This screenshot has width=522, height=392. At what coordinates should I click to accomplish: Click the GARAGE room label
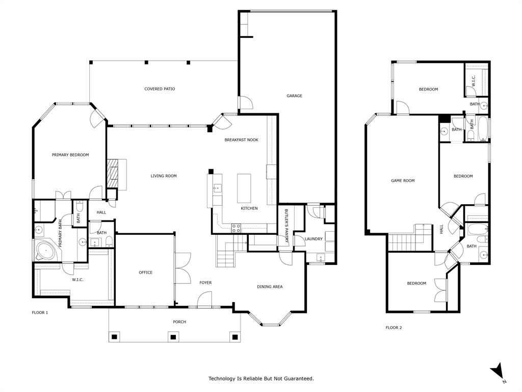(x=294, y=96)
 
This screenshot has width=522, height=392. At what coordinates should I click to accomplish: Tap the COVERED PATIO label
(x=160, y=89)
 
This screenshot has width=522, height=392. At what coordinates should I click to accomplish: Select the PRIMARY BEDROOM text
(x=70, y=155)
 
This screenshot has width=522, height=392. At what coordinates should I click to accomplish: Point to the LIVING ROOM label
(x=164, y=176)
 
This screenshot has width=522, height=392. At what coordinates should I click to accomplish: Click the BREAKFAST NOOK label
(x=241, y=140)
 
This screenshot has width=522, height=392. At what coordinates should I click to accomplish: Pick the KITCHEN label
(x=249, y=208)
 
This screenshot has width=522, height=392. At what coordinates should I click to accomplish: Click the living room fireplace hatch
(x=112, y=174)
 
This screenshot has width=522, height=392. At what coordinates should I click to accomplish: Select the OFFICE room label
(x=146, y=273)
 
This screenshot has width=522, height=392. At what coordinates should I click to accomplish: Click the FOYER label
(x=205, y=283)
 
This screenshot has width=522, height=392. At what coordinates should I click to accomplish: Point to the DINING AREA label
(x=270, y=287)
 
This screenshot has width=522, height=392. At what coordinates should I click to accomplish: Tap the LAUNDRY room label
(x=314, y=239)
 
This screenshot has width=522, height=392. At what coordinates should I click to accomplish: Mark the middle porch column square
(x=173, y=337)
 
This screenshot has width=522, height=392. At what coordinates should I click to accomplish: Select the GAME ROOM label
(x=403, y=180)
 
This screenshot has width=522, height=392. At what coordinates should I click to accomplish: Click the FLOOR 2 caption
(x=394, y=328)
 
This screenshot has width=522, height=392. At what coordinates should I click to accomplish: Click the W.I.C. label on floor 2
(x=473, y=80)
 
